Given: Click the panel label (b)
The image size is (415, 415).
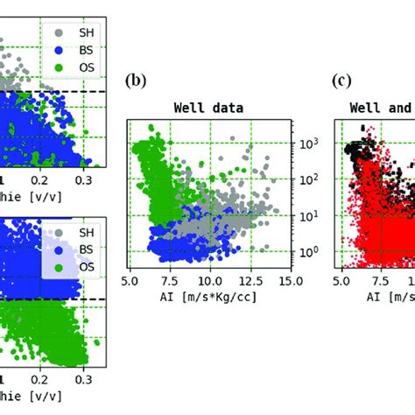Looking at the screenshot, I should (x=135, y=81).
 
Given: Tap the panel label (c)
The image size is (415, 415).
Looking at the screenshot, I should (x=342, y=81).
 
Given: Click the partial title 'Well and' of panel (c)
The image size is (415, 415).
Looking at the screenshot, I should (x=382, y=109).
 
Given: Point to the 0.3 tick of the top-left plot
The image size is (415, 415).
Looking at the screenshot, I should (x=85, y=179).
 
